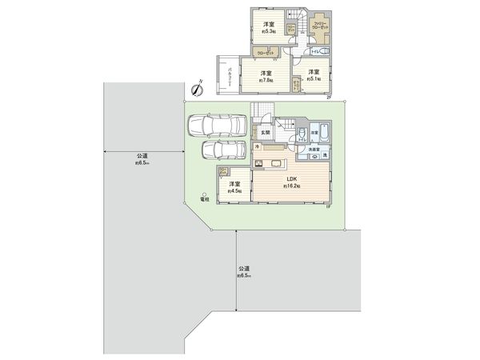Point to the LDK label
coord(289,179)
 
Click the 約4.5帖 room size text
coord(235,191)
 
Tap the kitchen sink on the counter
coord(276,164)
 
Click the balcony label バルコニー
coord(230,77)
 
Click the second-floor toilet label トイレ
coord(316,51)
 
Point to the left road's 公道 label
coord(142,155)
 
